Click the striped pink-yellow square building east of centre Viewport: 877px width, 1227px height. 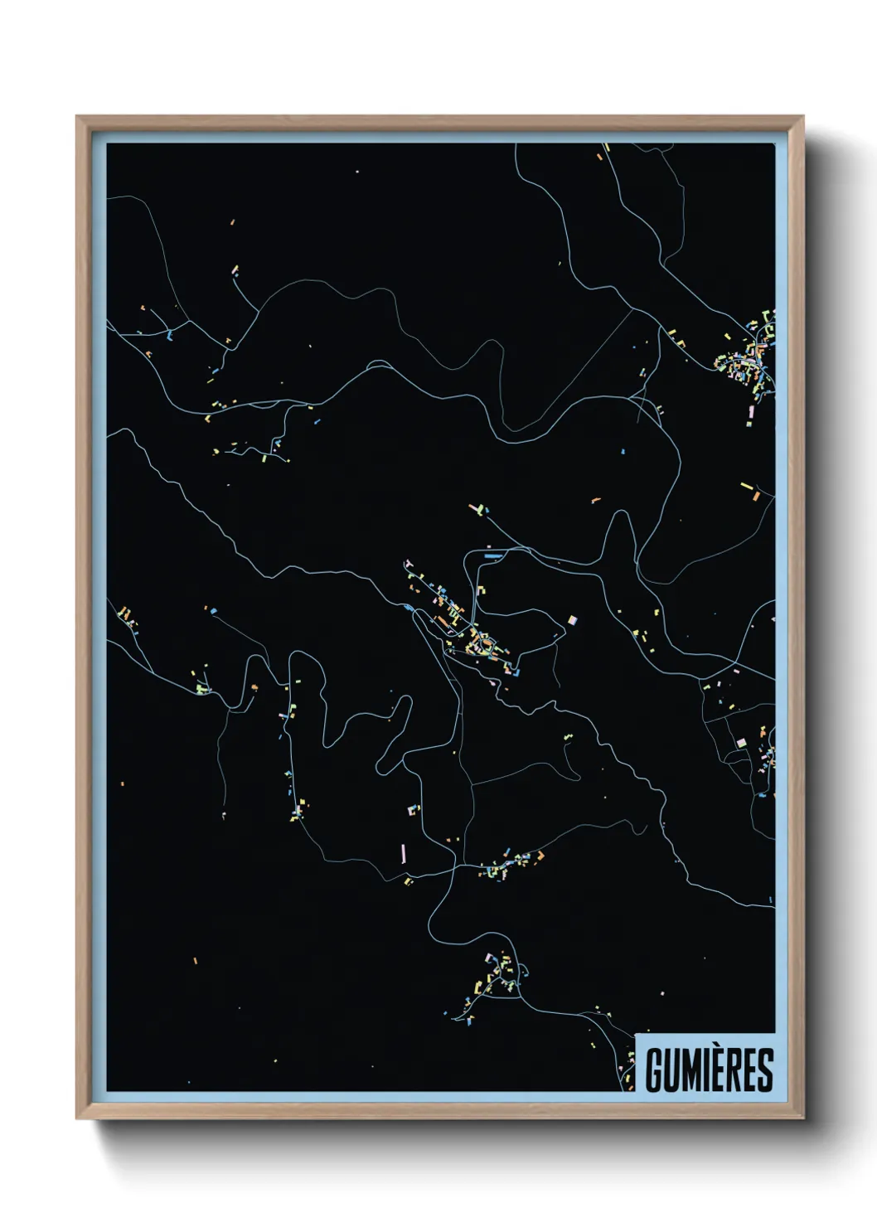pos(571,620)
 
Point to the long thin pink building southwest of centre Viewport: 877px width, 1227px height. pos(404,852)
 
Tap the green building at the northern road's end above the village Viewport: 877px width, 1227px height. pos(476,507)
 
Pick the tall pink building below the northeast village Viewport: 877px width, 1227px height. pos(752,412)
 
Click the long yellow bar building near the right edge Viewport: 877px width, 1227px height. pos(745,485)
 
